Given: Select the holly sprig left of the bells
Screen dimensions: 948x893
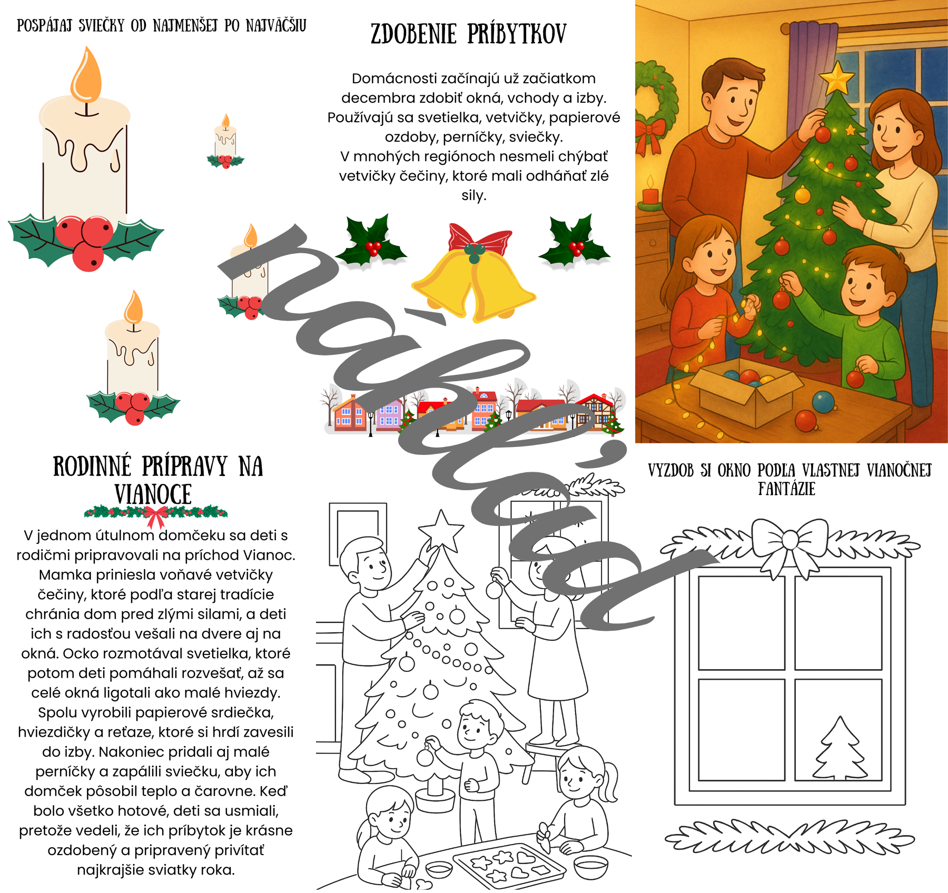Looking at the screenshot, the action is click(371, 241).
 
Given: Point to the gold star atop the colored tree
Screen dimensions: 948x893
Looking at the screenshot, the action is click(836, 77).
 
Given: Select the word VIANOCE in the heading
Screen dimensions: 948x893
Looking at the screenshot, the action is click(153, 494).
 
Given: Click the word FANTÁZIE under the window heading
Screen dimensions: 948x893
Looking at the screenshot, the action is click(787, 489).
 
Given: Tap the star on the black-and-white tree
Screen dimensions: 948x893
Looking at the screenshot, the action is click(441, 531).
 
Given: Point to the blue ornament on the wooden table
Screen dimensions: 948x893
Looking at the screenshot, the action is click(823, 402).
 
